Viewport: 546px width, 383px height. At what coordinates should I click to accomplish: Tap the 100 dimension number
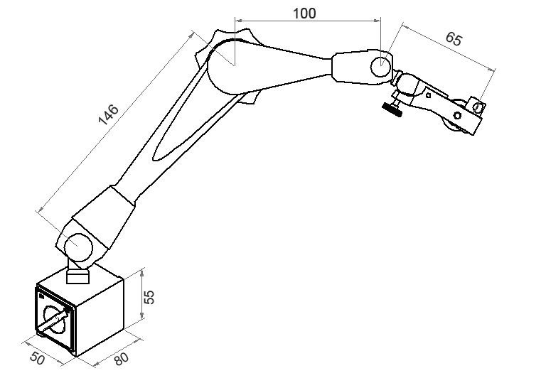(304, 13)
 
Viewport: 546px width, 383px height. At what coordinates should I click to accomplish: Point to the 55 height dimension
(150, 297)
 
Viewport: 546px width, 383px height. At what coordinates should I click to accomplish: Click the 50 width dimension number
(37, 359)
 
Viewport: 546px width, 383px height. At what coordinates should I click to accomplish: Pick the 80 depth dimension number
(121, 359)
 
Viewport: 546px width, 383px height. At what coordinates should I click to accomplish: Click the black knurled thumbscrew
(390, 108)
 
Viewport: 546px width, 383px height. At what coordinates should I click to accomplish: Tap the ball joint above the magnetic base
(77, 249)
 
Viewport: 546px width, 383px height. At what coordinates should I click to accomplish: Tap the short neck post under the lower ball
(77, 274)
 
